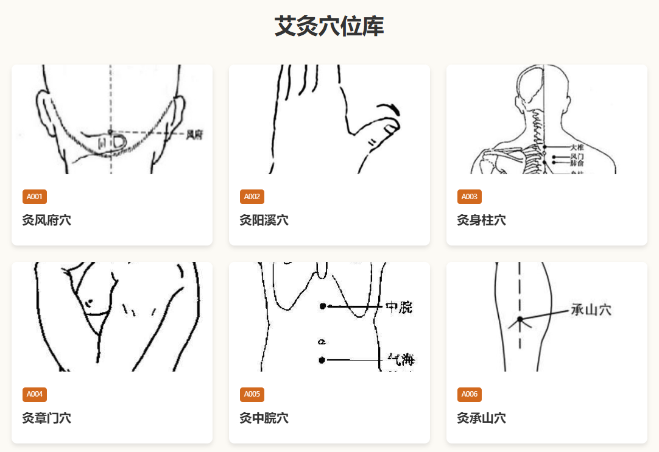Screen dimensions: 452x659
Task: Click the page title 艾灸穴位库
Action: (329, 27)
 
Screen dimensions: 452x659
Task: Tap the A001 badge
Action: (35, 197)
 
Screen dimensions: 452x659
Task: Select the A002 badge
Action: (252, 197)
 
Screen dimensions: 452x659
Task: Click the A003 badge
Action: (470, 197)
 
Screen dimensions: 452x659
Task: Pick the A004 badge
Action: (35, 394)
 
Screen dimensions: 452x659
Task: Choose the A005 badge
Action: (252, 394)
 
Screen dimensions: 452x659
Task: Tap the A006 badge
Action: (470, 394)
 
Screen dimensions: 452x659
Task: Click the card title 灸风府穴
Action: (47, 221)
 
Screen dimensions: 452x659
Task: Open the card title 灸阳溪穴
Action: (264, 221)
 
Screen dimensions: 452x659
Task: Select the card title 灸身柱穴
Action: (482, 221)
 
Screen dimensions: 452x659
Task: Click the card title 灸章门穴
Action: (47, 418)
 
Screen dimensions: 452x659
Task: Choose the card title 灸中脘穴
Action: (264, 418)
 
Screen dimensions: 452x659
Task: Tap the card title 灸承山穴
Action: (482, 418)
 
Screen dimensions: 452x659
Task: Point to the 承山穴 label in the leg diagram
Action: (591, 310)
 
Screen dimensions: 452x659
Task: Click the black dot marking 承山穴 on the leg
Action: (520, 319)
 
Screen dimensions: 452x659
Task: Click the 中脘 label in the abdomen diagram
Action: (399, 307)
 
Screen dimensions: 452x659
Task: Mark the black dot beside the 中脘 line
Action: (323, 306)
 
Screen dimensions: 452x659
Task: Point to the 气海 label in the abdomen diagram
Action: (401, 360)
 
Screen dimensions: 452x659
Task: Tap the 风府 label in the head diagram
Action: (195, 134)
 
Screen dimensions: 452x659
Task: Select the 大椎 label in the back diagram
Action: (577, 147)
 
